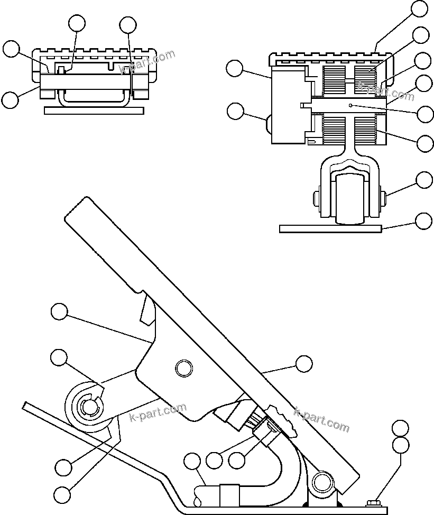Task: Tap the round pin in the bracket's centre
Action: [183, 367]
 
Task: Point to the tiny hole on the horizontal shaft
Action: [351, 106]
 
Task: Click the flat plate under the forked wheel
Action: [330, 228]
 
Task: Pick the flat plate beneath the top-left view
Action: [94, 111]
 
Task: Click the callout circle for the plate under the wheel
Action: [424, 221]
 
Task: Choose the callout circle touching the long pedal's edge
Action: [303, 363]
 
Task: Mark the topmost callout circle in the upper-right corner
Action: [419, 8]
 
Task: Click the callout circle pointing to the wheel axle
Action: [424, 180]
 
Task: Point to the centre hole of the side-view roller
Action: [89, 407]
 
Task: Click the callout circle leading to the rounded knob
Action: [235, 111]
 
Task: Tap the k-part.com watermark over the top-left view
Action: [147, 62]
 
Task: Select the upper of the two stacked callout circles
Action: [401, 428]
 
